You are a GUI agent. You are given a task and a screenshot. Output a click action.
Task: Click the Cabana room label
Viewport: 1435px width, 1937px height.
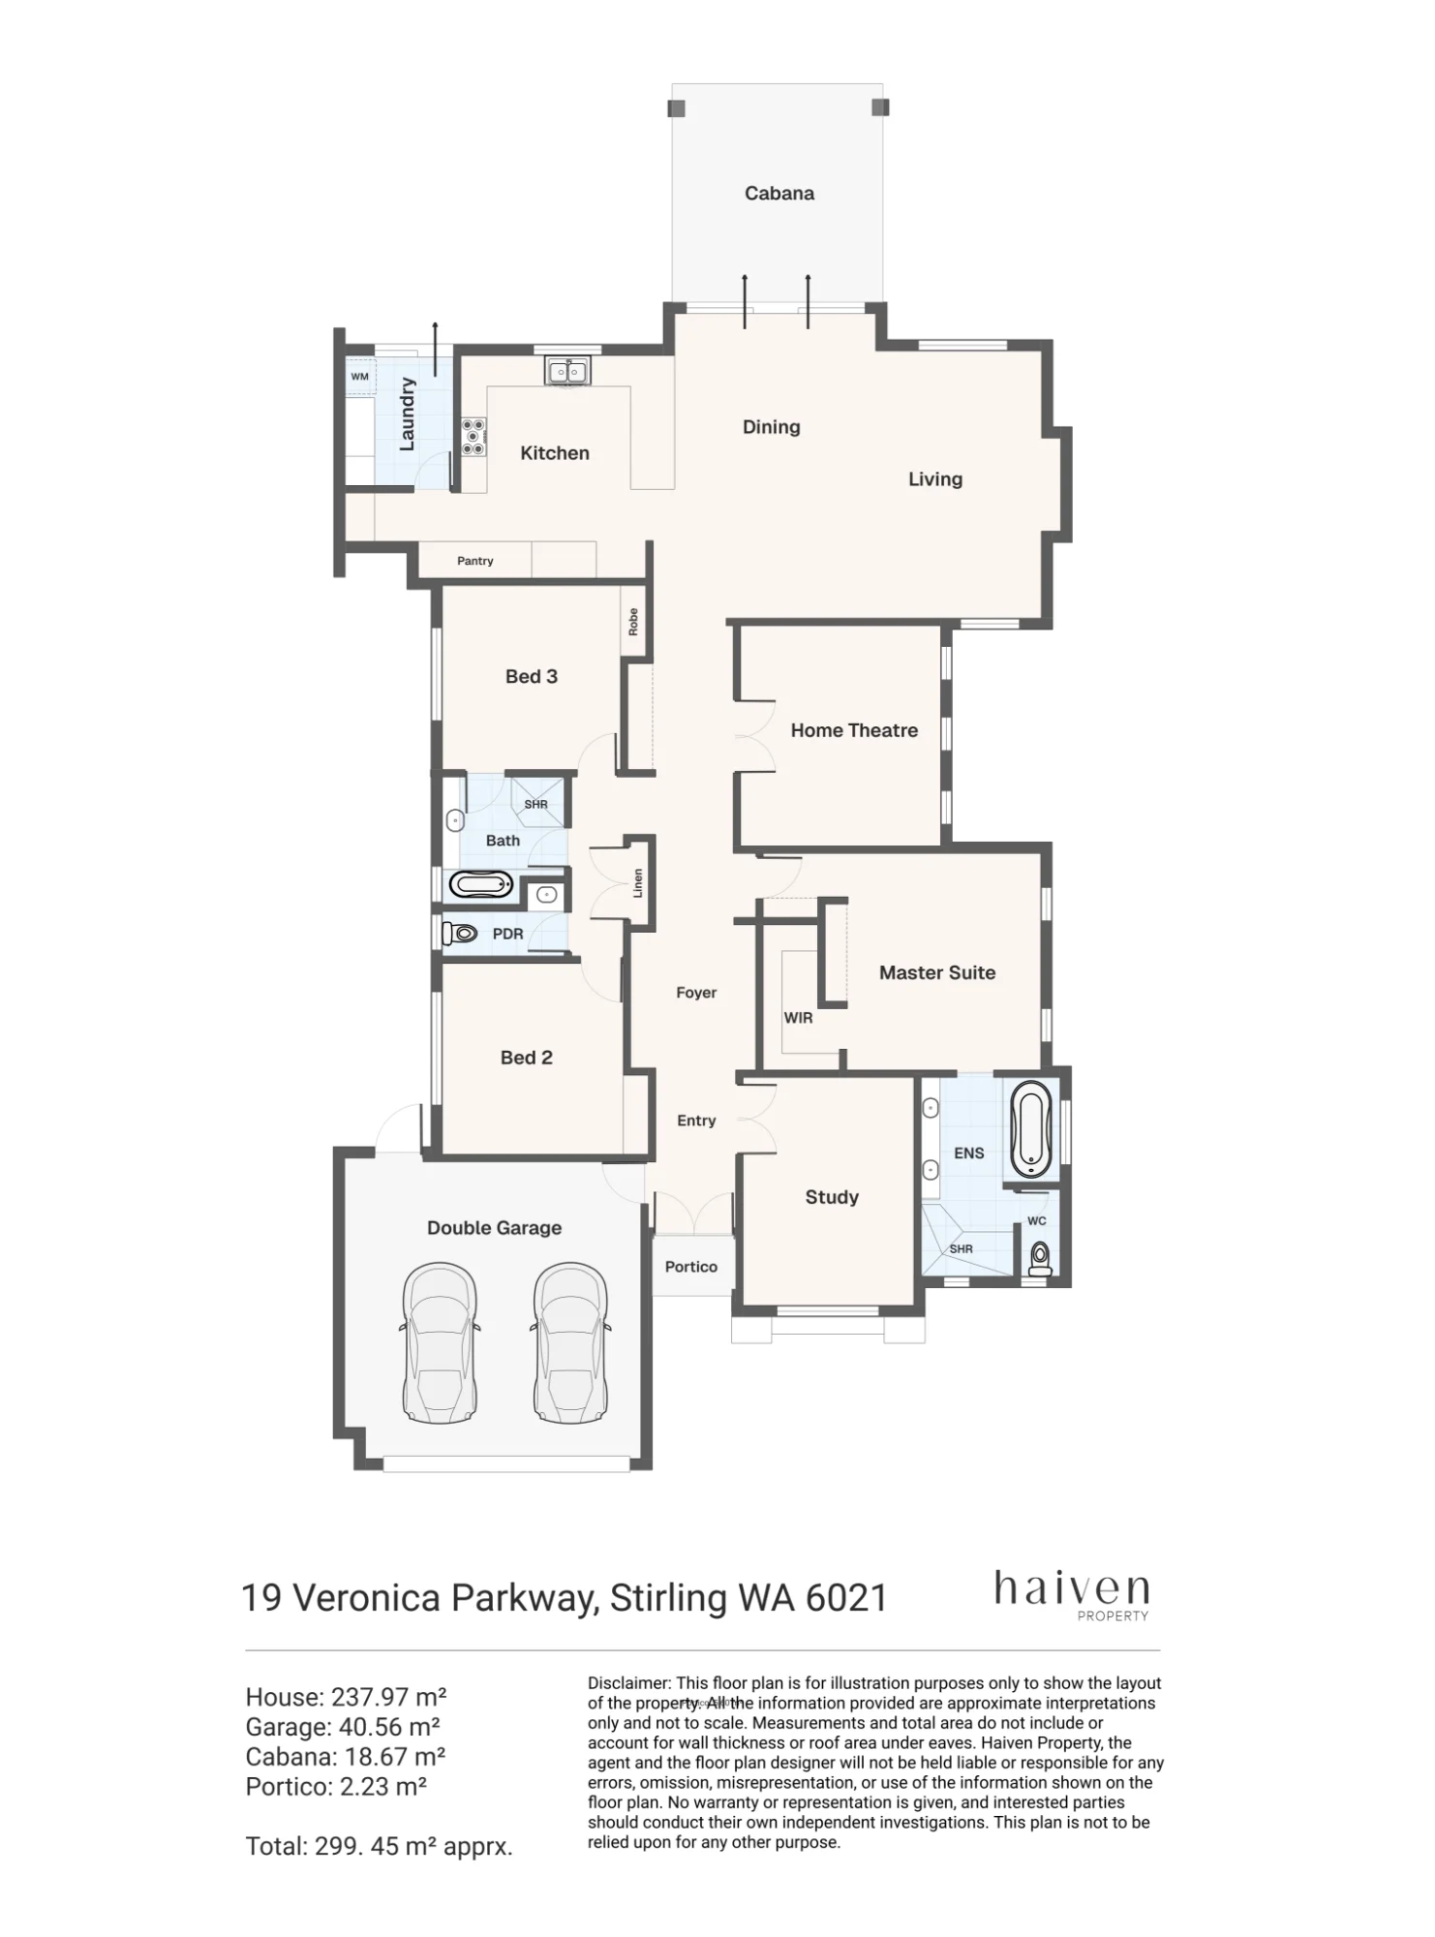click(x=779, y=194)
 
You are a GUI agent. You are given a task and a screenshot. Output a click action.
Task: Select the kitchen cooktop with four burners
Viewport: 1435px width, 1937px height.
click(x=473, y=437)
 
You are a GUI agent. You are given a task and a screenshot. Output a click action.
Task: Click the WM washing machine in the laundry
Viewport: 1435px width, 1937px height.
click(x=360, y=376)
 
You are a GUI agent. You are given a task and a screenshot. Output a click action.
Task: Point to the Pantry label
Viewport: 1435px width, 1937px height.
click(x=475, y=561)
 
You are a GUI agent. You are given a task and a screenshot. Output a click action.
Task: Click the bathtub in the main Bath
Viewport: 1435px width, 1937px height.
click(x=481, y=884)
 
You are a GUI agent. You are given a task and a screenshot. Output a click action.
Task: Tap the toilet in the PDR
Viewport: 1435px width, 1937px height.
click(x=461, y=934)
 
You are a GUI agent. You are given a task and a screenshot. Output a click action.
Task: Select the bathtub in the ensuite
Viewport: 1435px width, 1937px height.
click(x=1031, y=1129)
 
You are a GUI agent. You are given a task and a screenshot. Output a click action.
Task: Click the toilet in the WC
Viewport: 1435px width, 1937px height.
click(x=1040, y=1258)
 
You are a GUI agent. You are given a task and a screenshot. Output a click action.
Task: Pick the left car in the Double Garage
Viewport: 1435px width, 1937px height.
click(x=440, y=1342)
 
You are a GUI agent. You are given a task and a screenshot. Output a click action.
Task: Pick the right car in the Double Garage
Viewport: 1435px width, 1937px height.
click(x=571, y=1342)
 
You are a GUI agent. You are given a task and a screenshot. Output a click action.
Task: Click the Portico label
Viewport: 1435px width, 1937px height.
click(x=691, y=1267)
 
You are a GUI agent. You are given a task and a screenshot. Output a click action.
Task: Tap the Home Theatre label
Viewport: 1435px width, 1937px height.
click(x=854, y=730)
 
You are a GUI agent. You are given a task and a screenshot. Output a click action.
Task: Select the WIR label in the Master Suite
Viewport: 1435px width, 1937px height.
click(x=799, y=1018)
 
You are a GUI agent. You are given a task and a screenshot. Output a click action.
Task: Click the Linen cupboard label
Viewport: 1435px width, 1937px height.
click(x=638, y=883)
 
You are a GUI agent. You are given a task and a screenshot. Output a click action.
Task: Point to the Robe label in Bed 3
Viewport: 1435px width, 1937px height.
click(x=633, y=621)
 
